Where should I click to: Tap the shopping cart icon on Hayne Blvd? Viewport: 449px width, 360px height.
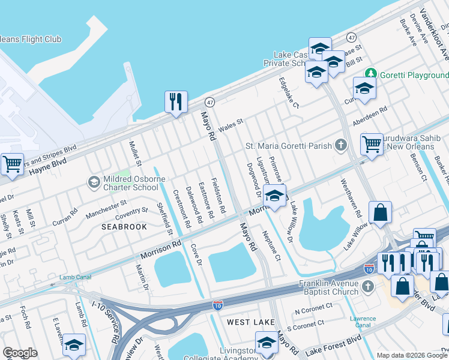[11, 164]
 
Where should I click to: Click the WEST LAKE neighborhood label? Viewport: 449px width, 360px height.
[251, 322]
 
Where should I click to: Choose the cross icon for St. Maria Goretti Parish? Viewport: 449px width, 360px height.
[341, 145]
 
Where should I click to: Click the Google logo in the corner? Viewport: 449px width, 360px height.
[20, 352]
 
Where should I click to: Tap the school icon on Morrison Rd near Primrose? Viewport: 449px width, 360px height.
[274, 196]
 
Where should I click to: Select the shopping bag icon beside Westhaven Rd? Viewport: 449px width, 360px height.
[380, 212]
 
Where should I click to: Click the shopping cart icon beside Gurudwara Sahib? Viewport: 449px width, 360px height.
[372, 144]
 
